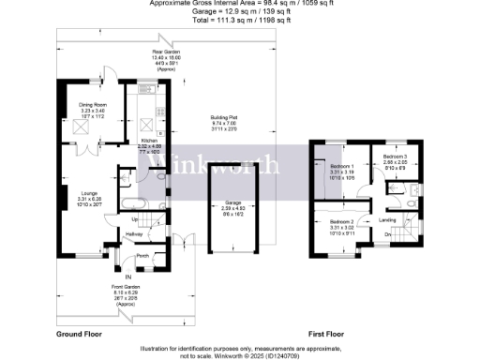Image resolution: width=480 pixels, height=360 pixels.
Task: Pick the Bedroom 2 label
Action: (x=339, y=221)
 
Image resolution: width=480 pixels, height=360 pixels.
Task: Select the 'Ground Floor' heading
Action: (x=78, y=334)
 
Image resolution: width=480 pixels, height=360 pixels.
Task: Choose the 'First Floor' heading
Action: (x=328, y=334)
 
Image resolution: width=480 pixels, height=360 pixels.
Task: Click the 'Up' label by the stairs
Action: (x=133, y=219)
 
